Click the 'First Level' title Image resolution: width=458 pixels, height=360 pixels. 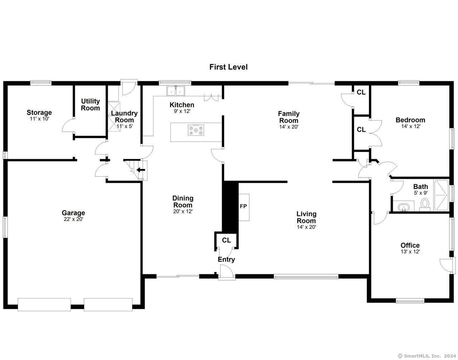(x=229, y=67)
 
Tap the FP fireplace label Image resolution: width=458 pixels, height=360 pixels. (x=243, y=206)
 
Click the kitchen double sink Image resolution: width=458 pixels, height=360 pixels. (x=176, y=91)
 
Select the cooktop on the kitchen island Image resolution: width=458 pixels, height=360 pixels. (x=196, y=130)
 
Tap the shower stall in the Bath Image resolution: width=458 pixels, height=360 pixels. (x=441, y=195)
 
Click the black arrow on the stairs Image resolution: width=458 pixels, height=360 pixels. (x=141, y=170)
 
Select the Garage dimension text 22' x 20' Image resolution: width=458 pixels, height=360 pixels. (x=74, y=219)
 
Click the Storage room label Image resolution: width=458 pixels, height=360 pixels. (x=39, y=112)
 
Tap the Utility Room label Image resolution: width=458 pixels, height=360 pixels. (x=91, y=104)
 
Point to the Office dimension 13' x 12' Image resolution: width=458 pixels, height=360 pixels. (x=410, y=252)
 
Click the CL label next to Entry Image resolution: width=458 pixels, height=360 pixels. (x=226, y=240)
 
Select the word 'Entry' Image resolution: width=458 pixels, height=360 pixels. (x=226, y=259)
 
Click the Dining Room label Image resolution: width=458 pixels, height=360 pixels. (x=183, y=201)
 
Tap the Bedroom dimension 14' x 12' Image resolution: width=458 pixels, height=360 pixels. (x=411, y=126)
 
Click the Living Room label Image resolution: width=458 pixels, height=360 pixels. (x=306, y=217)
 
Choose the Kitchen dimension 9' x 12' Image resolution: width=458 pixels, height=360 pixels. (x=182, y=111)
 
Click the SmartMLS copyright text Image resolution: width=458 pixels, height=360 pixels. (x=428, y=356)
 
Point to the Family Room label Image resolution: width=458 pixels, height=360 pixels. (x=289, y=117)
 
